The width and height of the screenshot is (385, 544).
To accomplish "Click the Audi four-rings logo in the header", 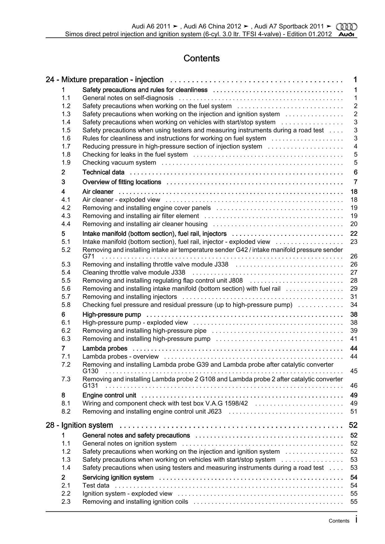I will click(x=346, y=27).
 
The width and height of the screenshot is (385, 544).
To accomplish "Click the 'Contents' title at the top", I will click(x=202, y=58).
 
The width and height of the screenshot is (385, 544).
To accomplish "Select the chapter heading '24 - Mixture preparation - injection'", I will click(x=105, y=80).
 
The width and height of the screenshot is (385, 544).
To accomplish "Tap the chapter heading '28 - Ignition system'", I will click(x=79, y=425).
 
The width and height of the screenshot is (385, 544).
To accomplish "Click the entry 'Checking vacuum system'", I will click(x=119, y=163).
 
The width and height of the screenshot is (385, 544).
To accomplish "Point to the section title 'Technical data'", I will click(x=103, y=172).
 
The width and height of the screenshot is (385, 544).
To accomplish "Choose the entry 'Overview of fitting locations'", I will click(x=122, y=182).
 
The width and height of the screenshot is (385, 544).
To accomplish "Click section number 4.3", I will click(x=66, y=216).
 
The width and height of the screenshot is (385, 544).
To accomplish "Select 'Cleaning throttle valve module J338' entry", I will click(x=134, y=272).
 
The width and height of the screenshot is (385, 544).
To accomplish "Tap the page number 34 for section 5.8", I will click(x=354, y=305).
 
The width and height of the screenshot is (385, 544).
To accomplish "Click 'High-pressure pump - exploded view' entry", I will click(x=135, y=323).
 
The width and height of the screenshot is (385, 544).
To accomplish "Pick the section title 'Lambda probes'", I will click(x=105, y=348).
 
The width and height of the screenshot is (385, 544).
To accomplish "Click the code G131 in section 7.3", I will click(x=90, y=386).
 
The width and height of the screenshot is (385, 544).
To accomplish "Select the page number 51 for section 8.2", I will click(x=354, y=411).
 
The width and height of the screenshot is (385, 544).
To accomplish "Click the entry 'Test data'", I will click(x=96, y=486).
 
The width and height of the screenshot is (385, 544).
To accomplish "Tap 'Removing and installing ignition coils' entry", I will click(x=135, y=502).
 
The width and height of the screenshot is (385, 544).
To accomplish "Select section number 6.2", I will click(x=66, y=331).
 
